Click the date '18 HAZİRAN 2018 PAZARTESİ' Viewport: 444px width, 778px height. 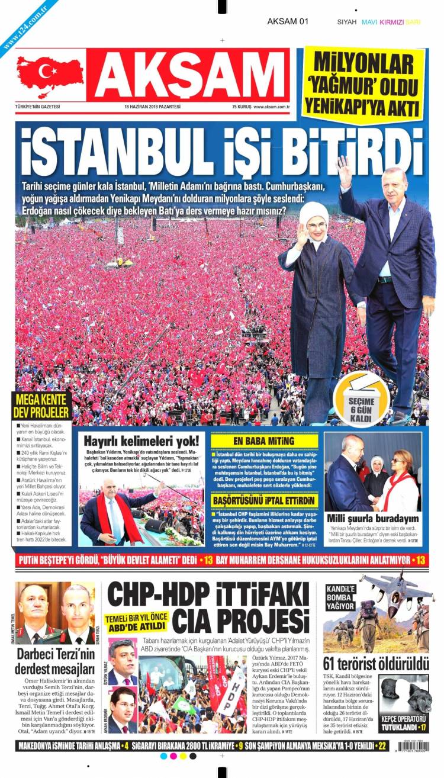point(152,107)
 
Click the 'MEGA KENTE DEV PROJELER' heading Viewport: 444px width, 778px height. point(42,405)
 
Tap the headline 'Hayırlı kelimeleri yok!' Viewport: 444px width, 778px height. point(141,441)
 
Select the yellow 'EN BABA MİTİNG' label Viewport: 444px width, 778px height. point(263,441)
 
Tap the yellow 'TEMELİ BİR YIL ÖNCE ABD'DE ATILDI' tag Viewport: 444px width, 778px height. point(137,621)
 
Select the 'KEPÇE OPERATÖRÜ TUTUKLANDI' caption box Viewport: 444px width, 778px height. point(404,722)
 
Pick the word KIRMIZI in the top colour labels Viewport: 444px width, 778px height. point(392,22)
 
